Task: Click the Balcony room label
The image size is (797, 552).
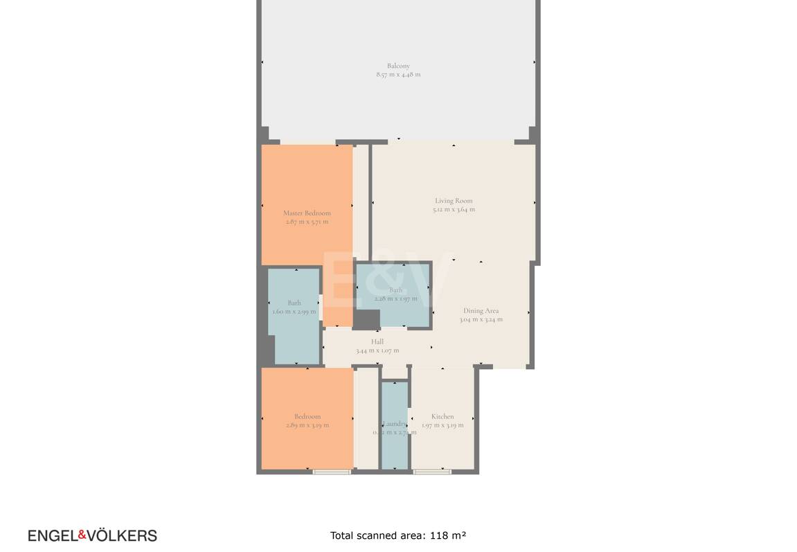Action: click(398, 66)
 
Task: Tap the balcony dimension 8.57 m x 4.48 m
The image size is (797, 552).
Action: click(398, 75)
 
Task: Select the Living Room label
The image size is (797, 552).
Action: click(454, 201)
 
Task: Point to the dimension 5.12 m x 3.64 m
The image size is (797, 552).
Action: click(454, 209)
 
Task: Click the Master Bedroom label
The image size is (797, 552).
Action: click(307, 213)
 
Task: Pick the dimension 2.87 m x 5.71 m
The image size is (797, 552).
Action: click(307, 222)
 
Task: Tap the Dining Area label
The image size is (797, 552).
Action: click(481, 311)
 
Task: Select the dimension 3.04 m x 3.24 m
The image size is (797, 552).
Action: click(481, 319)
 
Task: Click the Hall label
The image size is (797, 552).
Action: click(377, 341)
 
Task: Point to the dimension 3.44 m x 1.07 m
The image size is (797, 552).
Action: click(377, 350)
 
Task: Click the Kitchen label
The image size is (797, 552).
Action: click(442, 417)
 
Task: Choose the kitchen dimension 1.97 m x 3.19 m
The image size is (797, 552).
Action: click(442, 425)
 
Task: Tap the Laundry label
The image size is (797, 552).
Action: click(395, 424)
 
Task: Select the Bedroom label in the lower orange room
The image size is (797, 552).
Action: click(307, 417)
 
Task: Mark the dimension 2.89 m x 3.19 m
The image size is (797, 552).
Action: click(307, 425)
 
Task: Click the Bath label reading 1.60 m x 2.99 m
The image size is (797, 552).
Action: click(294, 303)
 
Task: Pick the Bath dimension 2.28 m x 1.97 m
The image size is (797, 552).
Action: click(395, 299)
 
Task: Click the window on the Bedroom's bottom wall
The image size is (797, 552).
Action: click(332, 472)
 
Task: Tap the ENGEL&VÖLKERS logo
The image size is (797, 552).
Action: click(92, 535)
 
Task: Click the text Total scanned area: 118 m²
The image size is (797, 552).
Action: click(398, 535)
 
